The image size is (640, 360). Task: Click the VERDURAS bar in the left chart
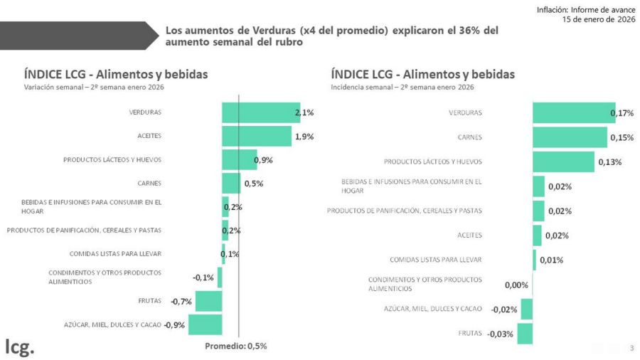coord(260,112)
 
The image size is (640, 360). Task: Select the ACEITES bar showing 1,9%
coord(256,136)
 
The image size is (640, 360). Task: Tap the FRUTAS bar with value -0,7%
coord(208,301)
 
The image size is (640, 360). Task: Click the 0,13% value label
coord(609,162)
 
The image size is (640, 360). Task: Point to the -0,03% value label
coord(501,334)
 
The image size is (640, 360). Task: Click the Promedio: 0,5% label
coord(235,346)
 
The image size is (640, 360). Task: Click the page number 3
coord(631,348)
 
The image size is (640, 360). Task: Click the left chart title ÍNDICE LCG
coord(116,74)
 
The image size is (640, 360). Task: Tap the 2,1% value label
coord(304,112)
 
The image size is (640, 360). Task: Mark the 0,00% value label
coord(516,285)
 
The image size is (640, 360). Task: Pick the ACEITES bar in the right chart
coord(537,235)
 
